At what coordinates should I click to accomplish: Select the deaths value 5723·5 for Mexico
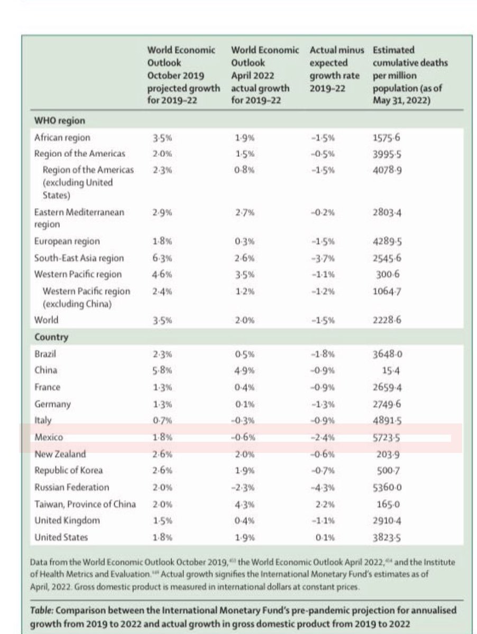click(387, 438)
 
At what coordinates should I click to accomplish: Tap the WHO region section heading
click(59, 121)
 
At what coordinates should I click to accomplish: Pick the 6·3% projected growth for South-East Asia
click(159, 258)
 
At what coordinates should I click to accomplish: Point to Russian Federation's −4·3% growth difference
click(323, 487)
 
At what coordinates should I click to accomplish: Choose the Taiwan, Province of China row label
click(85, 504)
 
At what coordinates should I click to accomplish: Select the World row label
click(46, 320)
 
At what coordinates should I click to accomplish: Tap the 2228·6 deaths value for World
click(387, 320)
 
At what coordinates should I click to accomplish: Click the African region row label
click(62, 137)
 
